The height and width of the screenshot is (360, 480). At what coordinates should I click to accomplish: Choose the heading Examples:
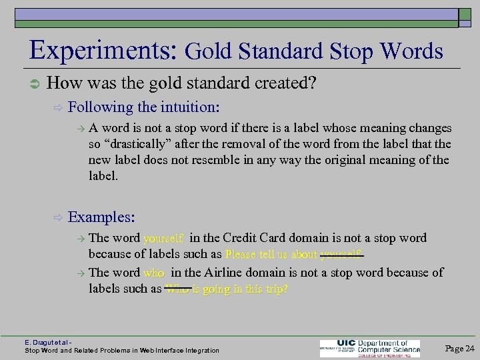[x=102, y=217]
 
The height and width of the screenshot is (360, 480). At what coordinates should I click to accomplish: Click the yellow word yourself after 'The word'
[x=164, y=238]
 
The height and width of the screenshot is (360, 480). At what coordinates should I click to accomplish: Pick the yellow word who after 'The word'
[x=153, y=273]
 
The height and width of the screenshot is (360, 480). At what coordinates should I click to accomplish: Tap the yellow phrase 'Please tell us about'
[x=271, y=254]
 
